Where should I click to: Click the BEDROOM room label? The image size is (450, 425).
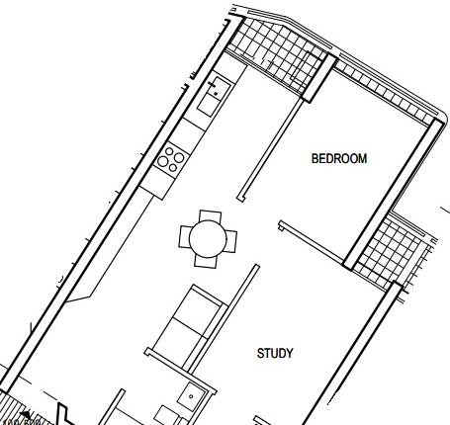[x=339, y=158]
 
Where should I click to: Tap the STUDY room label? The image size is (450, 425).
[x=275, y=353]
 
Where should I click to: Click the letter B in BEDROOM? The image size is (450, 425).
[x=315, y=158]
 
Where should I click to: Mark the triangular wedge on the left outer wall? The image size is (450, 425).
[x=80, y=287]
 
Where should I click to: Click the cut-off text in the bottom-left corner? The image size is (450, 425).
[x=20, y=419]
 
